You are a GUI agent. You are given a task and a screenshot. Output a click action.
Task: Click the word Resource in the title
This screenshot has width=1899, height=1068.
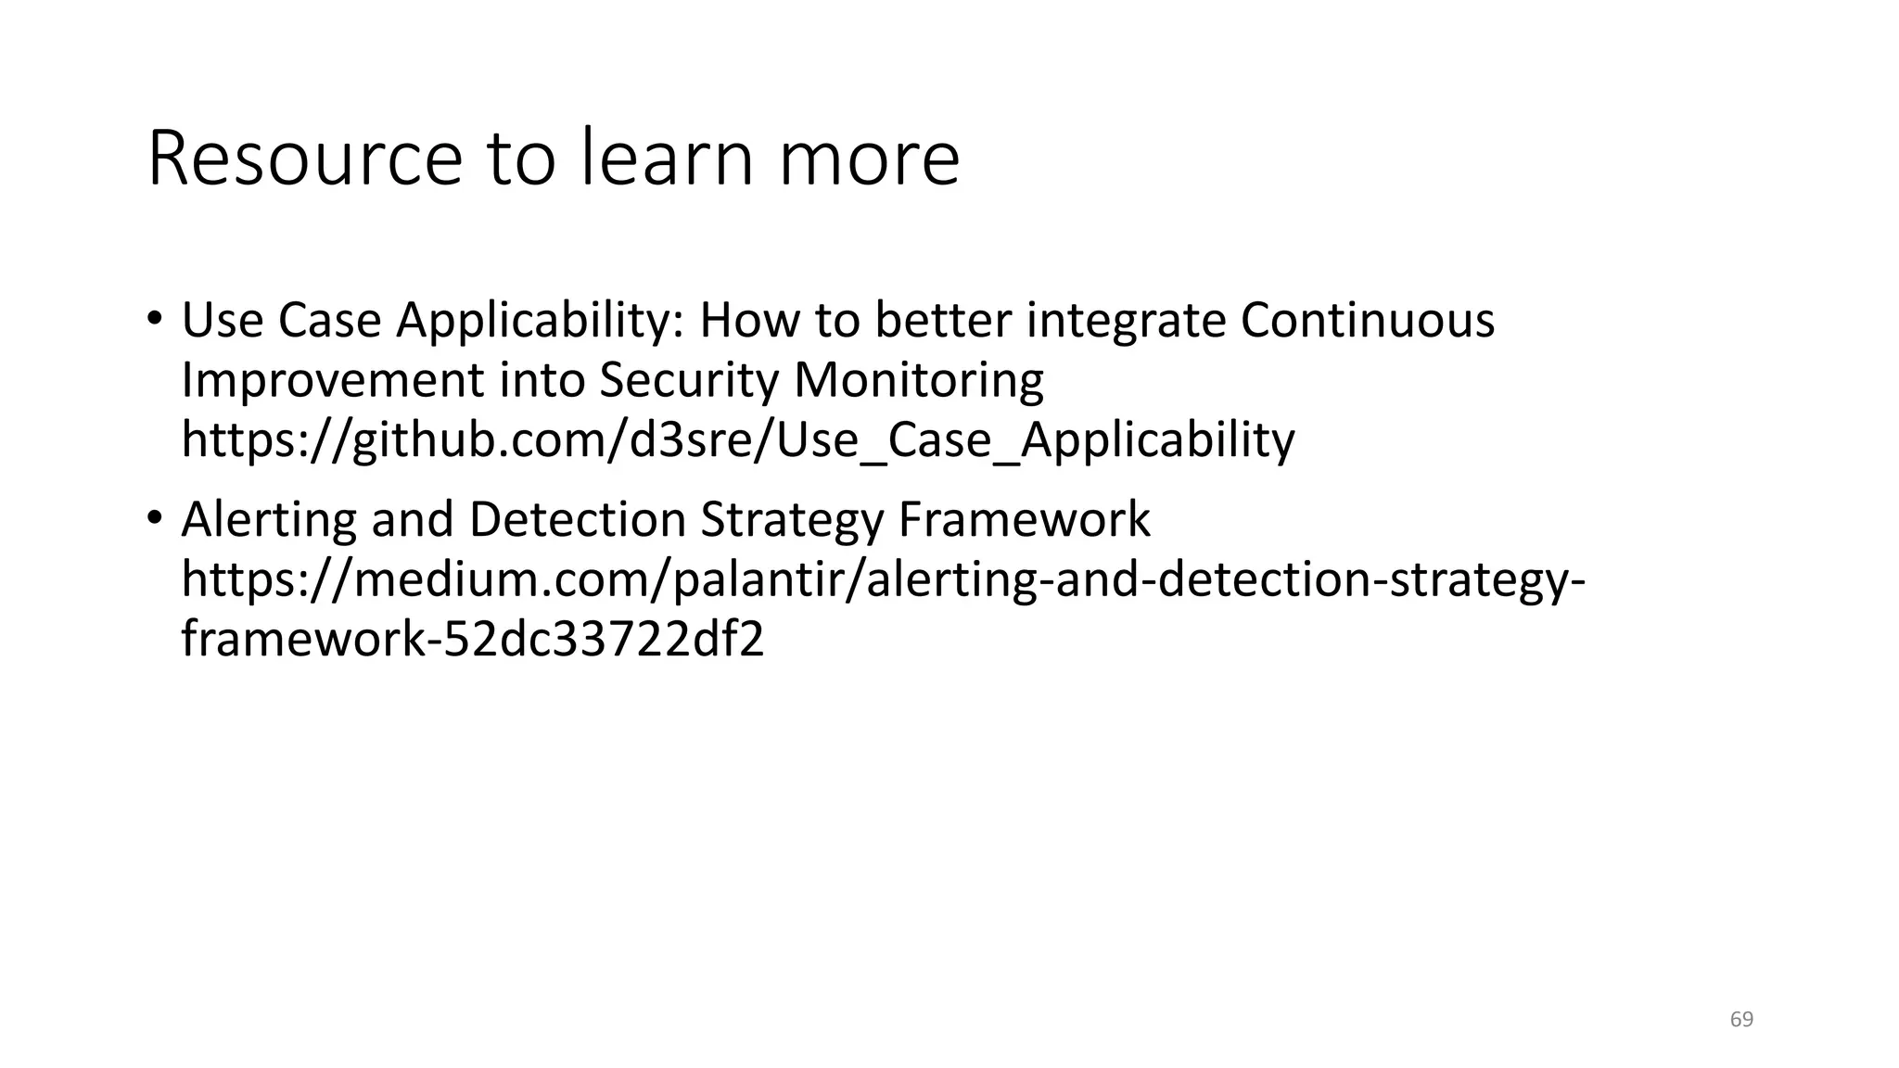pos(304,159)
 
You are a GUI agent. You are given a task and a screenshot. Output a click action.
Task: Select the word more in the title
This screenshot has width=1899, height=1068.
pos(868,159)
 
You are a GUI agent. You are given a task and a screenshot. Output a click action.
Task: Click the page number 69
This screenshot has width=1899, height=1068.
pos(1741,1019)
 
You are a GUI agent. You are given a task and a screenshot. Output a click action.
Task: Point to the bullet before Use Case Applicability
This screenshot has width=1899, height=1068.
pos(154,319)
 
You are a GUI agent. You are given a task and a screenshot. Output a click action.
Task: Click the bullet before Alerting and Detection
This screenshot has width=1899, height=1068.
pos(154,517)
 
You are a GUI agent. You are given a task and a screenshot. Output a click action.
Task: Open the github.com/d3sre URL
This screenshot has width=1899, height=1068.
pos(737,439)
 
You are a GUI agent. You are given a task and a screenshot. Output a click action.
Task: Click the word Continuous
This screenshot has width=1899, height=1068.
pos(1367,320)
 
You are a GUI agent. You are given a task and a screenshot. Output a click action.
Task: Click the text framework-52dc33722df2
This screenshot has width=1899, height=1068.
pos(473,639)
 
